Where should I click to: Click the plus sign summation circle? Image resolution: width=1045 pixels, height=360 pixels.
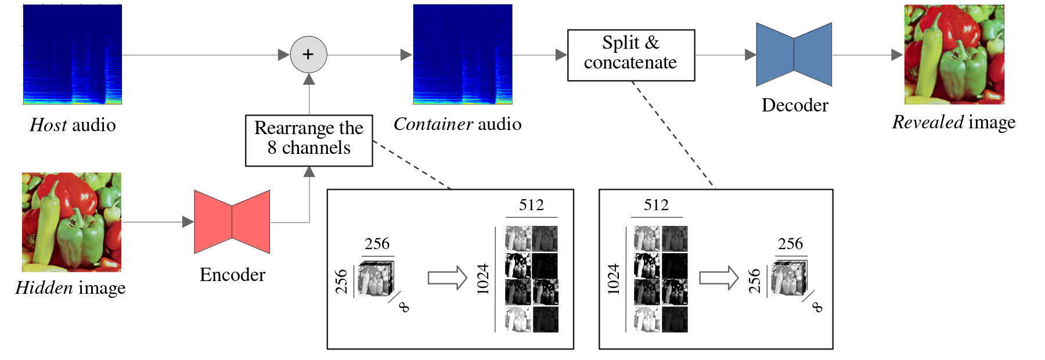[x=308, y=55]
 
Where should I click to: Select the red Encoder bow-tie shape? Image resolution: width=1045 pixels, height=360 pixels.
[x=232, y=222]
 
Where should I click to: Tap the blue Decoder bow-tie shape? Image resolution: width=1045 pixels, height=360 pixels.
[x=794, y=55]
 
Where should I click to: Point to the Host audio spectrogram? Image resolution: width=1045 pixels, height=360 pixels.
[x=72, y=55]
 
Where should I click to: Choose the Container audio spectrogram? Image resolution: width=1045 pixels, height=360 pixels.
[x=462, y=55]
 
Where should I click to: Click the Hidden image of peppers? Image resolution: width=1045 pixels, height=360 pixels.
[x=71, y=222]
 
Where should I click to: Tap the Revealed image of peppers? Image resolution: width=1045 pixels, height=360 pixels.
[x=954, y=55]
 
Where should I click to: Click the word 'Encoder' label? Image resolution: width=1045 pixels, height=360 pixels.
[x=232, y=275]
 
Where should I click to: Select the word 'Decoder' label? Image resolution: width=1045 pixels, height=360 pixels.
[x=795, y=105]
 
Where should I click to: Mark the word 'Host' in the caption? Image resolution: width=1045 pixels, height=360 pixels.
[x=48, y=125]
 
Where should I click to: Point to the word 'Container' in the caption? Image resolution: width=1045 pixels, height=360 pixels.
[x=433, y=124]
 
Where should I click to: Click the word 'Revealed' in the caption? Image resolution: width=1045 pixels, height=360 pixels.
[x=928, y=122]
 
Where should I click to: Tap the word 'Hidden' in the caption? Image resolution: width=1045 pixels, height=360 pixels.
[x=44, y=288]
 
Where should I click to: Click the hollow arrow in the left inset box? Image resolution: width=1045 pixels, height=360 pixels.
[x=447, y=278]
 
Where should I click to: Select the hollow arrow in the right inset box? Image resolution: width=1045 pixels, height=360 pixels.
[x=718, y=278]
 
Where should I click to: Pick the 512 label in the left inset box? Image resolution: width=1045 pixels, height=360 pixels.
[x=531, y=205]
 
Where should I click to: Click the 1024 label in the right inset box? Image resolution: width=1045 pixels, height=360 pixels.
[x=614, y=279]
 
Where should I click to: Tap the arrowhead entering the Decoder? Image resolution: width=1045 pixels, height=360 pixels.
[x=750, y=55]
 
